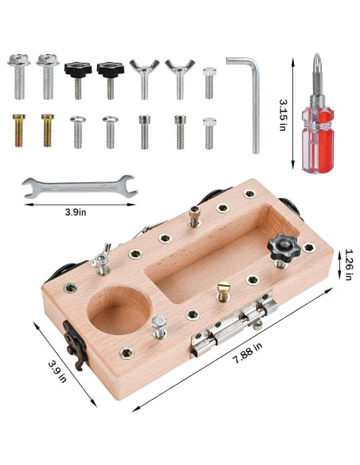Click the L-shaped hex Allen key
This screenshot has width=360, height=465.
click(254, 98)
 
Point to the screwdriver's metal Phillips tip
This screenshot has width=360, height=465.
click(317, 74)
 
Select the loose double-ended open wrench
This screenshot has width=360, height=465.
click(80, 186)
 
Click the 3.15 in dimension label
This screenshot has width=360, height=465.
click(284, 115)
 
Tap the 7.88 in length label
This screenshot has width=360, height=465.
click(248, 353)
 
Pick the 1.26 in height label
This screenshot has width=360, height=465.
click(349, 264)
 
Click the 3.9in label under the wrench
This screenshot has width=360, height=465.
click(76, 213)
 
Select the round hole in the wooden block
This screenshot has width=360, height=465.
click(119, 310)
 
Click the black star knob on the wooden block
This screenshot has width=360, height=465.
click(284, 247)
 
